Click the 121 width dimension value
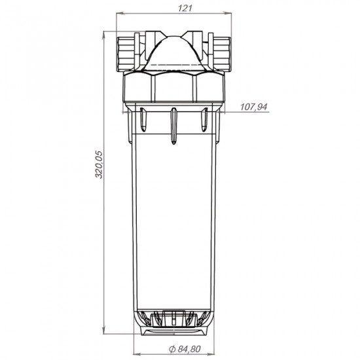(185, 9)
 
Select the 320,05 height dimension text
(99, 164)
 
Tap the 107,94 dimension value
(254, 107)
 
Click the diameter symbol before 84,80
(172, 350)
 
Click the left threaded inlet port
(126, 54)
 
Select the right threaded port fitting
(222, 54)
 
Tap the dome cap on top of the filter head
(173, 53)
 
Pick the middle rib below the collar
(174, 126)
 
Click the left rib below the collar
(143, 120)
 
